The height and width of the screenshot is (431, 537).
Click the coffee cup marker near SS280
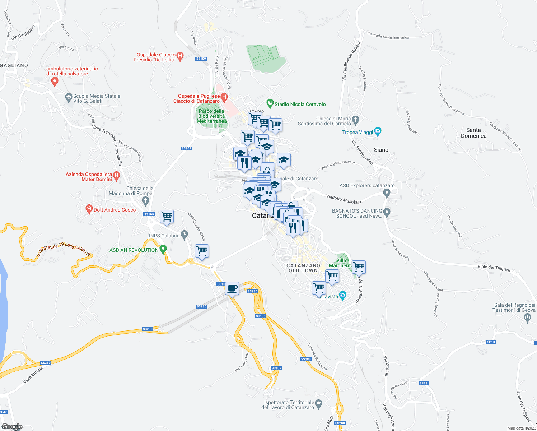click(x=232, y=288)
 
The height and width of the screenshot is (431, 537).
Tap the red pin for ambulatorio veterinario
click(x=55, y=82)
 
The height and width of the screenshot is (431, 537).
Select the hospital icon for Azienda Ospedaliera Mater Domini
click(x=116, y=176)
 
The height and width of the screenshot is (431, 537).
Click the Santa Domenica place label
click(x=473, y=133)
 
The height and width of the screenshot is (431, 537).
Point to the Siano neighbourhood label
click(x=381, y=150)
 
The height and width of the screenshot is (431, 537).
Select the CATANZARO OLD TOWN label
click(x=303, y=268)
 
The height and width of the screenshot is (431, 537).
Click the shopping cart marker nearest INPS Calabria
click(x=167, y=217)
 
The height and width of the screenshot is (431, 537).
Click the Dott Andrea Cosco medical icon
click(x=89, y=209)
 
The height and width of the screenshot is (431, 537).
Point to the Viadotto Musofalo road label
click(x=344, y=199)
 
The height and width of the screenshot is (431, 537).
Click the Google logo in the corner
click(x=12, y=427)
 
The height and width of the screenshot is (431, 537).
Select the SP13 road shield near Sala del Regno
click(x=491, y=342)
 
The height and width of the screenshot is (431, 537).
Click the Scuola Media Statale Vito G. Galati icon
click(x=68, y=97)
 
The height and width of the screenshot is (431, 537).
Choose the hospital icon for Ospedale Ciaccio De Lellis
click(x=180, y=56)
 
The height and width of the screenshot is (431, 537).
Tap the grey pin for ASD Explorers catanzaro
click(x=387, y=194)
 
